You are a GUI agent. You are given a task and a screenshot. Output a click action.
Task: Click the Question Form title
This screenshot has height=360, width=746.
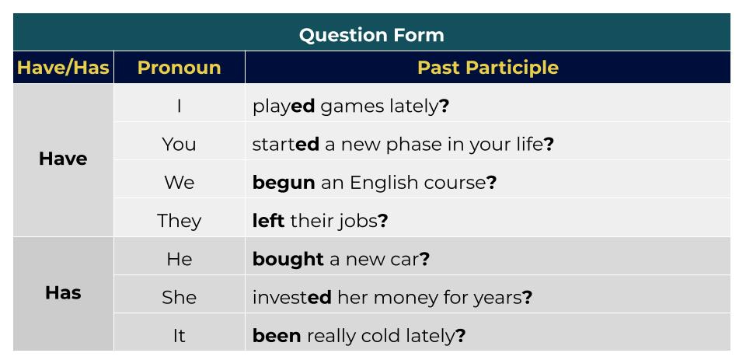pos(371,35)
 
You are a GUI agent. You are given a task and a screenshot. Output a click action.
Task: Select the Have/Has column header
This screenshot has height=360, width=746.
pos(63,68)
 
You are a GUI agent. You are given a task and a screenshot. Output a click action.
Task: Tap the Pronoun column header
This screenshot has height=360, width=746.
pos(179,68)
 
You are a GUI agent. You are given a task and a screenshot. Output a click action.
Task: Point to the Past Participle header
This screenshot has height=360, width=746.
pos(487,68)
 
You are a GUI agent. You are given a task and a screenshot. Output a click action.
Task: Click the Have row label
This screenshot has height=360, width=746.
pos(63,159)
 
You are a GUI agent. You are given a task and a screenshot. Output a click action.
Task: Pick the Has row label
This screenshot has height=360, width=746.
pos(63,293)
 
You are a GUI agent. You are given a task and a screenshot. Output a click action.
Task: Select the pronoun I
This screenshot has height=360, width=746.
pos(179,106)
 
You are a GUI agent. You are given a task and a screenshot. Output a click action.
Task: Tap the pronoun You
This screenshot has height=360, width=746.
pos(179,144)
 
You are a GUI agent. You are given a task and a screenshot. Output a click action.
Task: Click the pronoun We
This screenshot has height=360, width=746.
pos(179,183)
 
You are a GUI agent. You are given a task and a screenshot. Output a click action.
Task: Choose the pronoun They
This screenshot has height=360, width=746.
pos(179,221)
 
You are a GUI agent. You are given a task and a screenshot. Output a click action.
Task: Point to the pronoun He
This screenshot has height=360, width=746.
pos(179,259)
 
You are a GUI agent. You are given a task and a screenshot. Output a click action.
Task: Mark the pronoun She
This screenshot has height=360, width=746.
pos(179,297)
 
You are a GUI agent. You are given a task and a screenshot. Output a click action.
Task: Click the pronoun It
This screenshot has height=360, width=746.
pos(179,336)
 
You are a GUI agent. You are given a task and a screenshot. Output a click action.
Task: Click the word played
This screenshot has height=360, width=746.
pos(284,107)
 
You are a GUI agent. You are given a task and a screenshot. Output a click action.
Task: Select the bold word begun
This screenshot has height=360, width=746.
pos(284,183)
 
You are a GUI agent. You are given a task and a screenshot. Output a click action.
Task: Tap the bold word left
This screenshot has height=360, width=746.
pos(268,221)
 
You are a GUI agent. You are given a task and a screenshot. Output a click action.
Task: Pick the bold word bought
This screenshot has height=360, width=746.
pos(288,259)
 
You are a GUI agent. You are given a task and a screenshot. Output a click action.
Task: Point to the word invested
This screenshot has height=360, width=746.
pos(291,297)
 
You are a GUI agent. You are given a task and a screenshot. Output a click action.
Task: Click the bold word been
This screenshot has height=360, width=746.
pos(277,336)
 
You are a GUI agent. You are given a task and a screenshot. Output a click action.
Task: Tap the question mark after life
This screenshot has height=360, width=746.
pos(549,144)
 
